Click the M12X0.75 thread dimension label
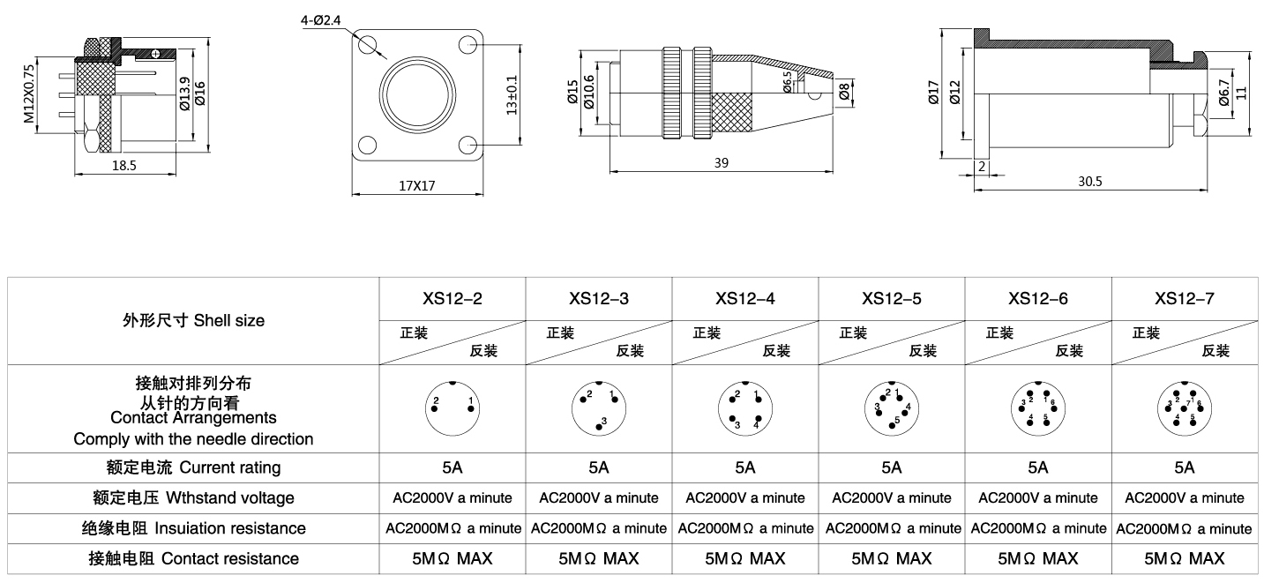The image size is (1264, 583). pyautogui.click(x=29, y=93)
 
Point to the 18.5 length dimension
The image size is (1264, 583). pyautogui.click(x=124, y=165)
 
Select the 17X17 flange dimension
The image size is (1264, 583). pyautogui.click(x=418, y=185)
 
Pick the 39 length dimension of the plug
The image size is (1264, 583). pyautogui.click(x=721, y=162)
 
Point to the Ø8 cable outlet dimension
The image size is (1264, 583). pyautogui.click(x=844, y=92)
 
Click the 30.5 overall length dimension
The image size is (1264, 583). pyautogui.click(x=1090, y=181)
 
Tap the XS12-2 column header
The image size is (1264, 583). pyautogui.click(x=452, y=298)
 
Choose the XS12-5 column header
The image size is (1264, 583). pyautogui.click(x=891, y=298)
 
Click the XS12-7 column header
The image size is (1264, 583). pyautogui.click(x=1184, y=298)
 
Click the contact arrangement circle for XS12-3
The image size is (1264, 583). pyautogui.click(x=599, y=407)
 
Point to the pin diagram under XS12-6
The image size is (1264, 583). pyautogui.click(x=1037, y=408)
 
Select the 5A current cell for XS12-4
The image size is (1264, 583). pyautogui.click(x=744, y=467)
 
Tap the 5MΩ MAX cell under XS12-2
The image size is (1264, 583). pyautogui.click(x=452, y=558)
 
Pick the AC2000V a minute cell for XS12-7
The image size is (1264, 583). pyautogui.click(x=1184, y=497)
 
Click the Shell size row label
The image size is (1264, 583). pyautogui.click(x=193, y=320)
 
